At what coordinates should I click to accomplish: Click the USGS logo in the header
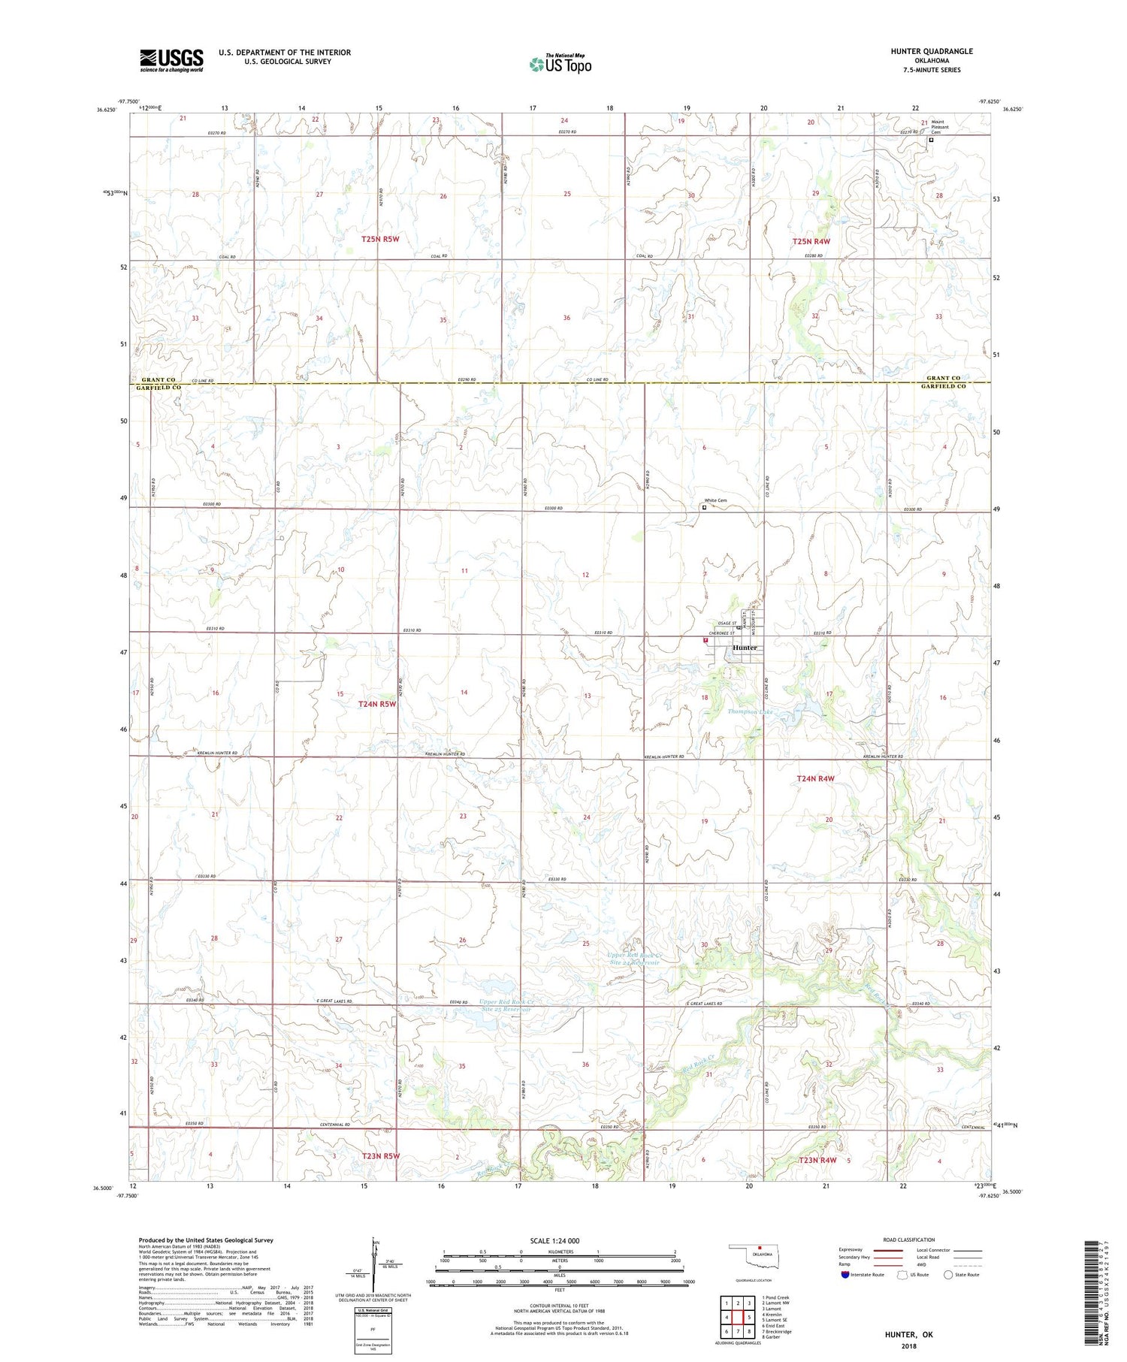pos(171,60)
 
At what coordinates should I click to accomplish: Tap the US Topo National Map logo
pos(560,64)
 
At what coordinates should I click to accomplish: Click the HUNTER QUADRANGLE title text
pos(931,51)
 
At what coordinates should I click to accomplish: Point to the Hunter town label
pos(744,648)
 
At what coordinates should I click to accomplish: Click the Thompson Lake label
pos(749,711)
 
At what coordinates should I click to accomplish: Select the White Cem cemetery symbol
pos(704,507)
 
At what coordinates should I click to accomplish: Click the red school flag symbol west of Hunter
pos(705,641)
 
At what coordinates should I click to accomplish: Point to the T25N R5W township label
pos(379,239)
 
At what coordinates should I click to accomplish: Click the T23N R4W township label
pos(817,1160)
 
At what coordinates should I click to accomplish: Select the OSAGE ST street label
pos(725,621)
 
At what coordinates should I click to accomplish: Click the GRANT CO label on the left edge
pos(158,380)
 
